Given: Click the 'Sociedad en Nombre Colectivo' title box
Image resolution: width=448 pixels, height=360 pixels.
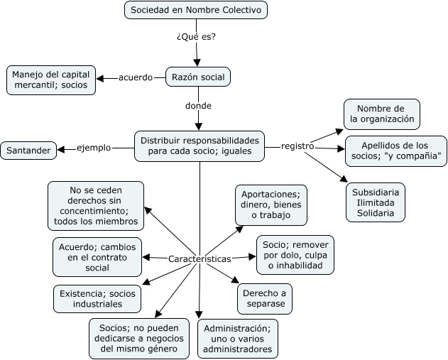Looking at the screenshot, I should click(x=196, y=10).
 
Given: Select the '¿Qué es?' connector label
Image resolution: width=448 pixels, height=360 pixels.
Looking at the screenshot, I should click(x=196, y=37).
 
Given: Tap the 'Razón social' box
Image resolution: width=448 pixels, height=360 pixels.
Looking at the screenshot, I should click(x=198, y=77).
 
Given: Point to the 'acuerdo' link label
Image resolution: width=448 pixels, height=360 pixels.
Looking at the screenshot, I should click(x=136, y=77).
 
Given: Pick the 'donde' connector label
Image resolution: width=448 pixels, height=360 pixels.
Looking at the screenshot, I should click(x=198, y=106).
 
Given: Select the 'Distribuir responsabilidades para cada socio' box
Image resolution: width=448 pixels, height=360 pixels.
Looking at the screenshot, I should click(x=200, y=146).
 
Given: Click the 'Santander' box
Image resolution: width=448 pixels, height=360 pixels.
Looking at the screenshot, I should click(x=28, y=151).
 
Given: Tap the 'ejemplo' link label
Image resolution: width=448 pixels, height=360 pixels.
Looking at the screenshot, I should click(x=94, y=148).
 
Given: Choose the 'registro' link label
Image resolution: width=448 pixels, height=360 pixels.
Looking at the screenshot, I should click(x=297, y=146).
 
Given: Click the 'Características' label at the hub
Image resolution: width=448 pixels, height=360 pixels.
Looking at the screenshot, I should click(x=200, y=259).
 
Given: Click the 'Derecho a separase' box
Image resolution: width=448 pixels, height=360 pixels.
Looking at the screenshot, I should click(x=264, y=298).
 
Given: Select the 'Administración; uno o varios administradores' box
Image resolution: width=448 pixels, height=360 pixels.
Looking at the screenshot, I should click(x=238, y=339).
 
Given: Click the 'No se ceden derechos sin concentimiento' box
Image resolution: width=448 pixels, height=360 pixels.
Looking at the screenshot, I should click(x=96, y=206).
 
